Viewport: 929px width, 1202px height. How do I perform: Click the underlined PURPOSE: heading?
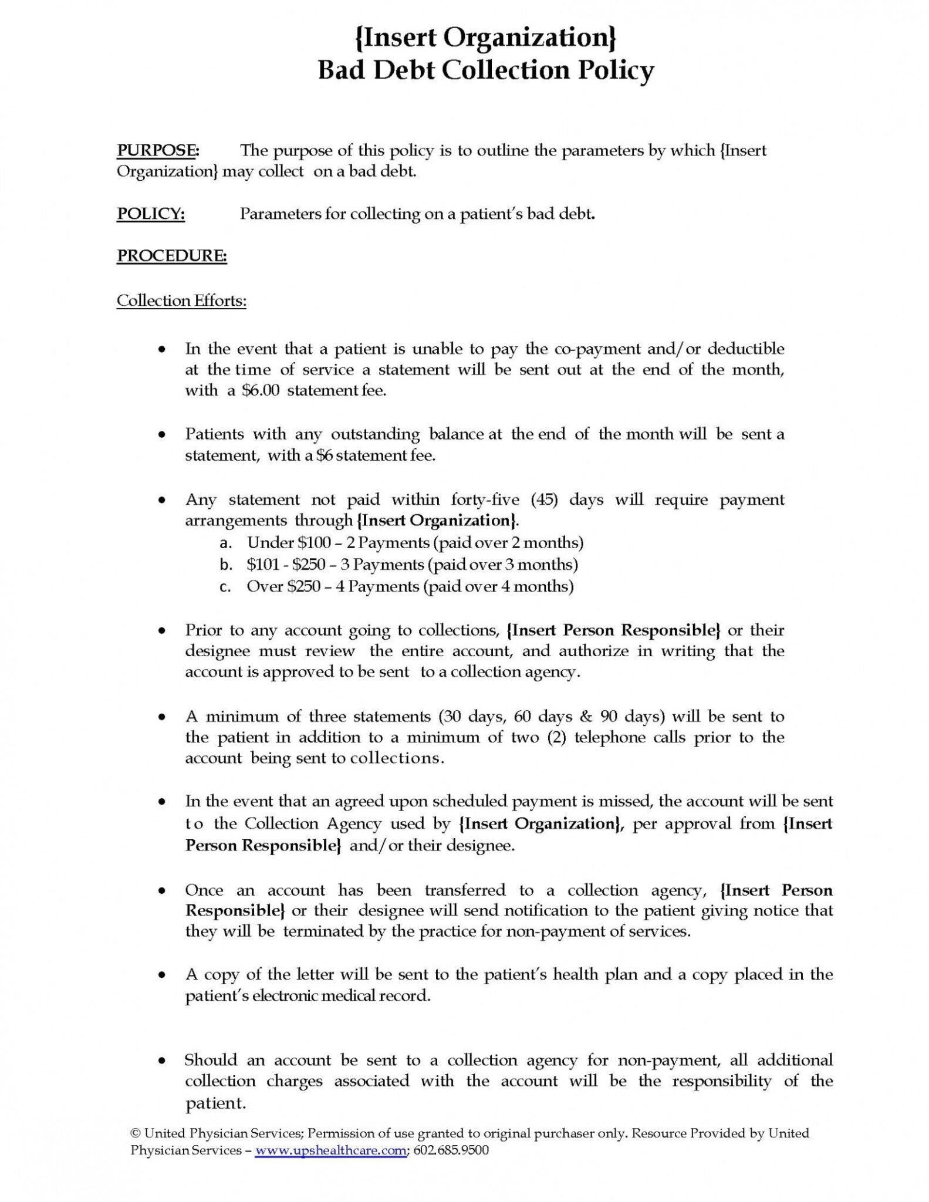pos(158,150)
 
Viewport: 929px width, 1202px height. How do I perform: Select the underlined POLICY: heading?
pos(151,214)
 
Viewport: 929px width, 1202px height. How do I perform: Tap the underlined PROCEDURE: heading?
pos(172,256)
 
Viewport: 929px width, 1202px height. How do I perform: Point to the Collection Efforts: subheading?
pos(181,300)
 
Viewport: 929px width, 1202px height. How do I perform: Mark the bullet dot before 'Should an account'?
pos(161,1061)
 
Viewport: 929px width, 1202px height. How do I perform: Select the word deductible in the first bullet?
pos(745,349)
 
